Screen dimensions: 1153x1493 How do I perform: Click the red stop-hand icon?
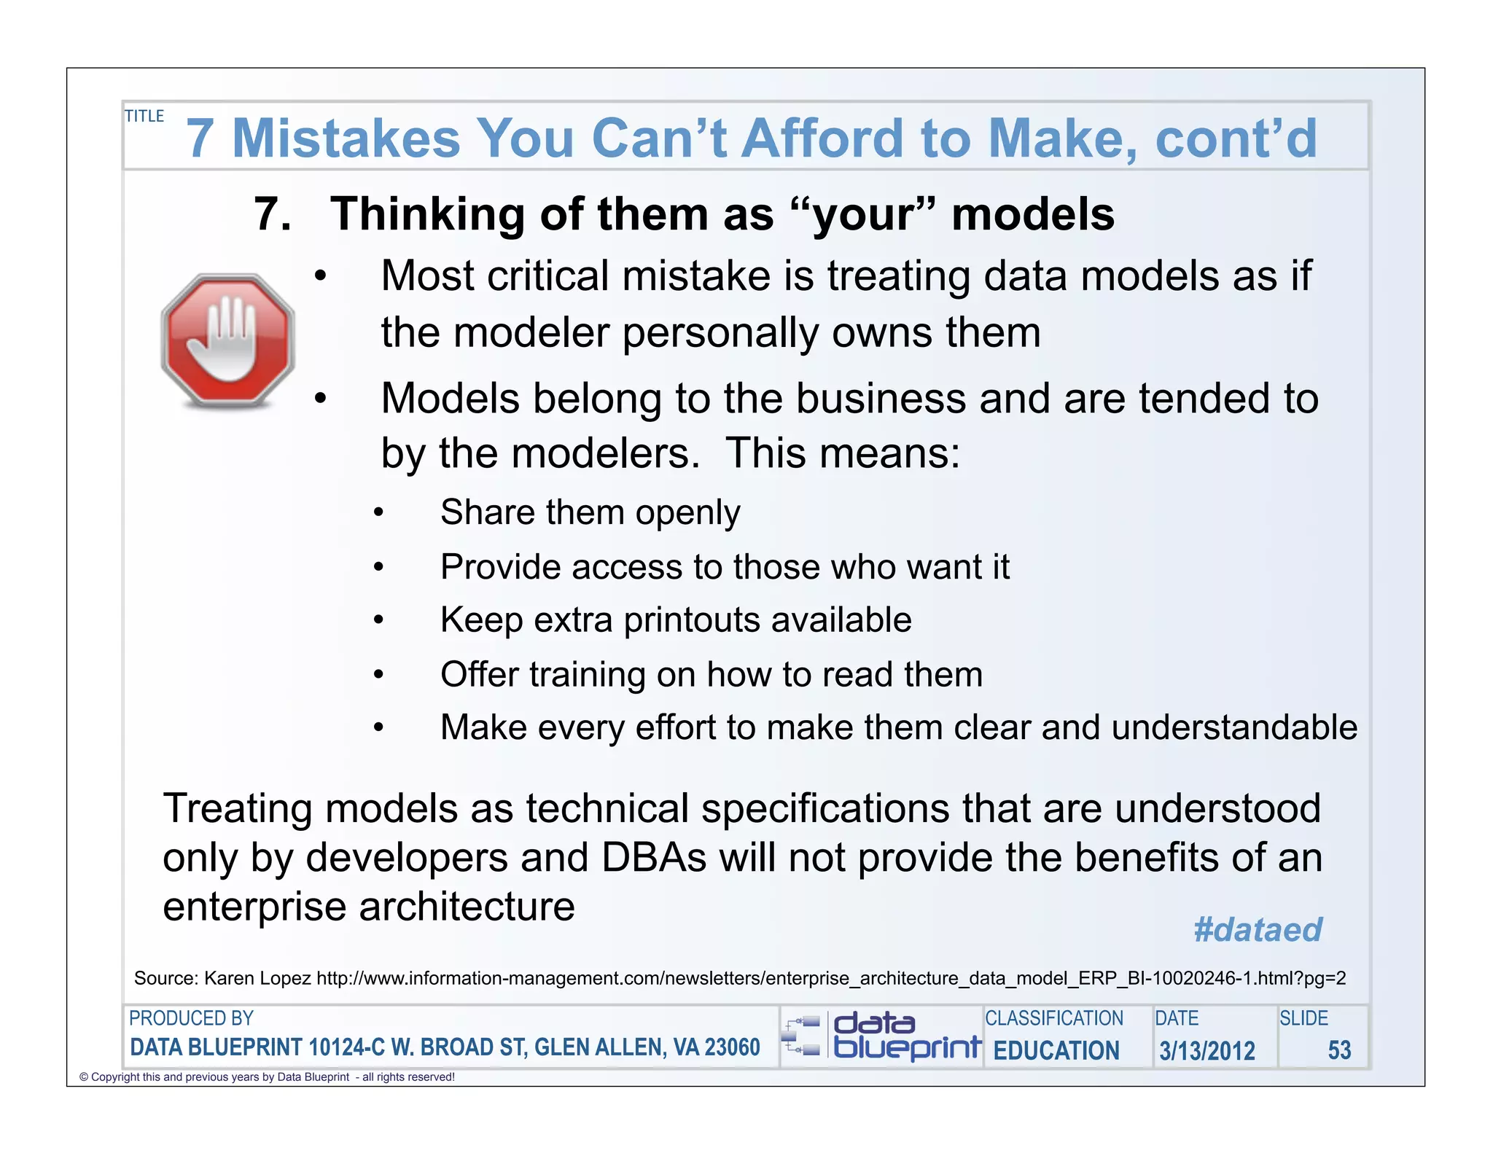[x=227, y=340]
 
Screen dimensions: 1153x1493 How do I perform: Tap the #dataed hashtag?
[x=1258, y=929]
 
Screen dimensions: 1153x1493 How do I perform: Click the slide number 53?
[x=1339, y=1050]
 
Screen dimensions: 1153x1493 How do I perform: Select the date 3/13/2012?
[x=1207, y=1051]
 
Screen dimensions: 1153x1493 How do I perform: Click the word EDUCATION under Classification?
[x=1056, y=1051]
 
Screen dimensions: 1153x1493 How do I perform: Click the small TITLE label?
[x=144, y=117]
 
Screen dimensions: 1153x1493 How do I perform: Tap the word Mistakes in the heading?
[x=346, y=138]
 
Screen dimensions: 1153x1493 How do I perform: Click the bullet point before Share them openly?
[x=378, y=513]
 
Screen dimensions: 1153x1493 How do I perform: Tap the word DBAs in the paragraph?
[x=653, y=858]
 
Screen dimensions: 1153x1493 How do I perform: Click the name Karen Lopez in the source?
[x=257, y=978]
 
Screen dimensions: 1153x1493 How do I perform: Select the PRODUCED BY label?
[x=191, y=1018]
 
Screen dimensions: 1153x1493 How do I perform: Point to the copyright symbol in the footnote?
[x=84, y=1077]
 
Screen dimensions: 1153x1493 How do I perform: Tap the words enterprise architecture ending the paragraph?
[x=368, y=907]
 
